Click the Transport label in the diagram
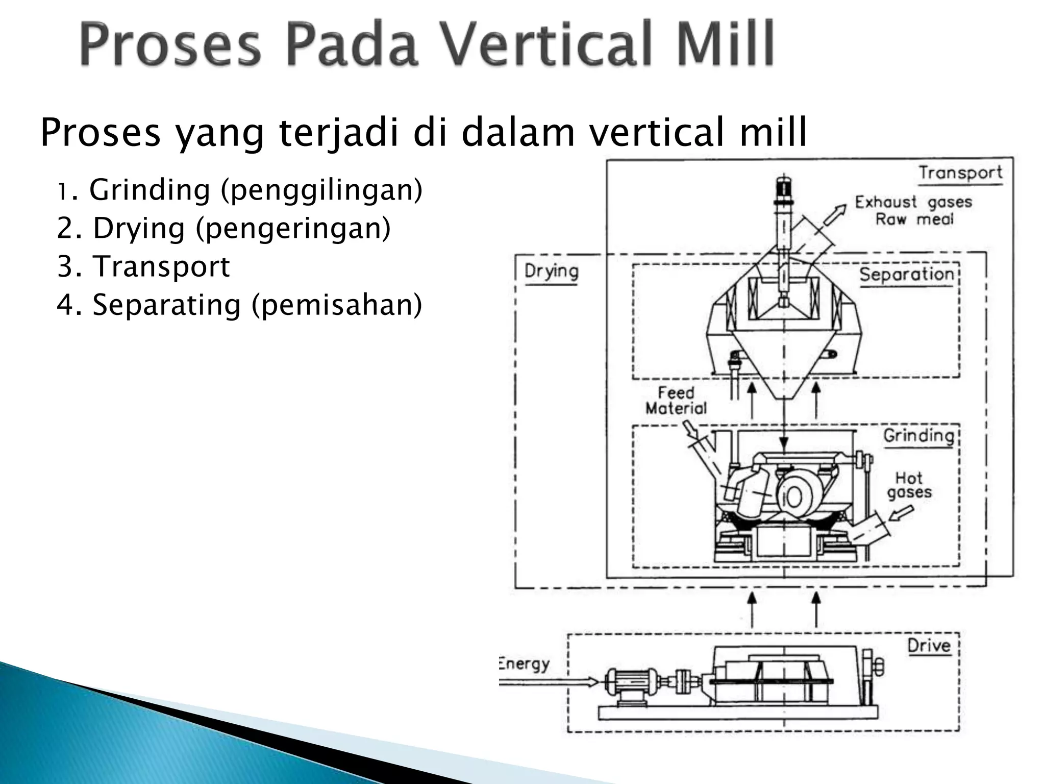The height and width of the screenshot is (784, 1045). (x=960, y=173)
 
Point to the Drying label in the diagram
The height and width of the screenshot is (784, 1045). (x=551, y=271)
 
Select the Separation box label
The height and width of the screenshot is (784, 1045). (x=906, y=275)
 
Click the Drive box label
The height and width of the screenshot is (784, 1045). (x=929, y=646)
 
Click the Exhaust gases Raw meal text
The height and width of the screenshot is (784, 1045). (x=913, y=210)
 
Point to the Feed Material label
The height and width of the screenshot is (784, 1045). (x=676, y=401)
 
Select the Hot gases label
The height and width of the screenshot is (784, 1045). (x=909, y=485)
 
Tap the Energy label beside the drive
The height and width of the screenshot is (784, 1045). (x=524, y=664)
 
